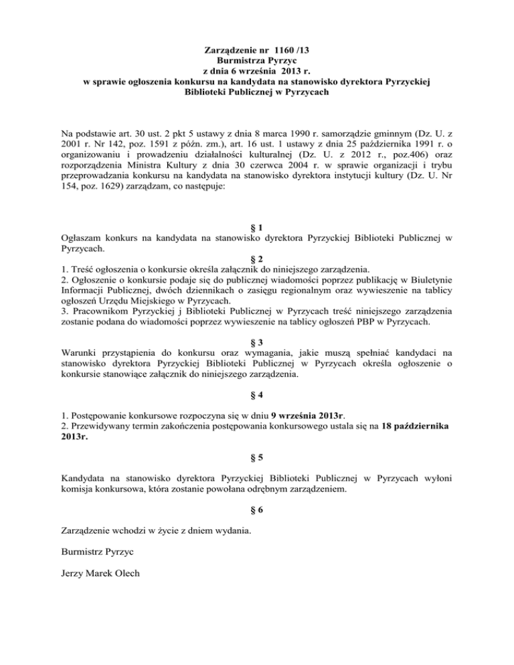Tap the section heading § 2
[x=256, y=259]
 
